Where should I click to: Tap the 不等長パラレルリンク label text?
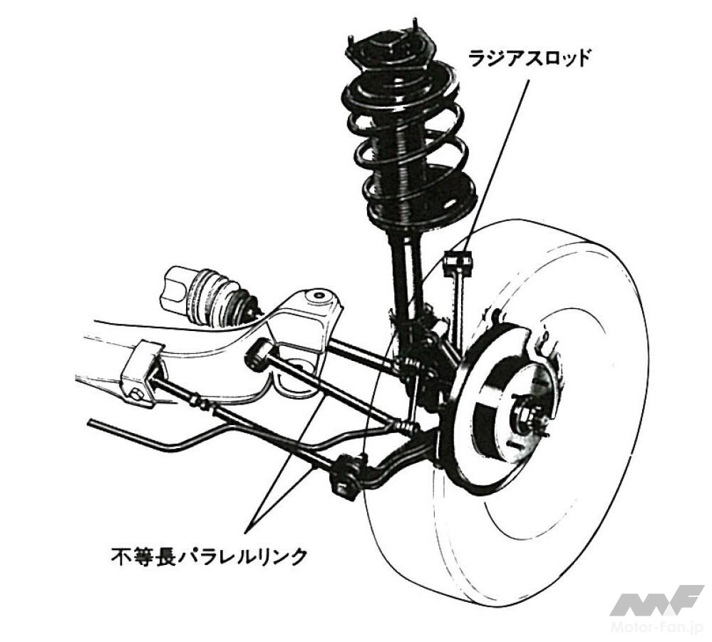click(x=207, y=554)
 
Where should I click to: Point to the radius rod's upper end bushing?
click(x=458, y=264)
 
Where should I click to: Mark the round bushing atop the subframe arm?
click(x=316, y=295)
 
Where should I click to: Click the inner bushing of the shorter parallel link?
click(x=258, y=353)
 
